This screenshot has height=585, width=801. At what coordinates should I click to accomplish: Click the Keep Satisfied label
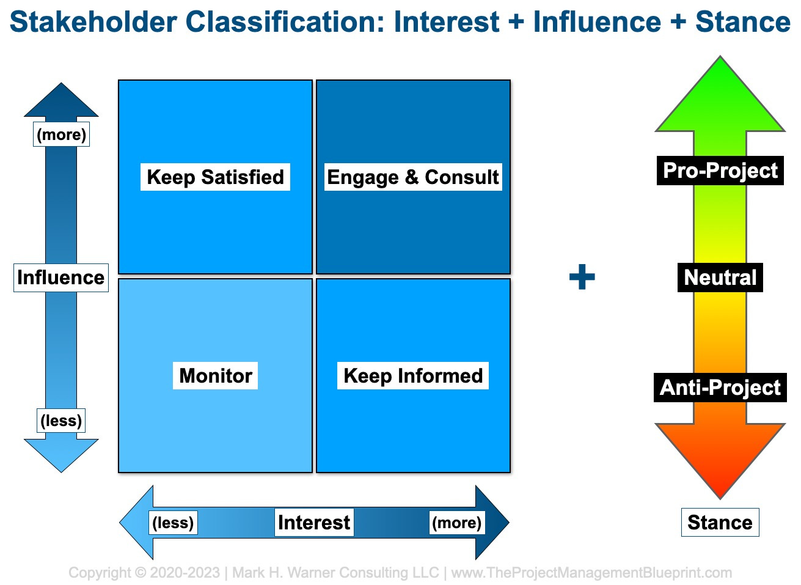[x=215, y=177]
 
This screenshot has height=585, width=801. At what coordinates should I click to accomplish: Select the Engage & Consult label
[x=413, y=177]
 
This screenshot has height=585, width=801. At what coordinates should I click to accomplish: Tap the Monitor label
[x=215, y=376]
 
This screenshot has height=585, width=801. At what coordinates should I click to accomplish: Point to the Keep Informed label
[x=413, y=376]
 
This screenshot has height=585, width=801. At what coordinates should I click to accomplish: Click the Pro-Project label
[x=720, y=171]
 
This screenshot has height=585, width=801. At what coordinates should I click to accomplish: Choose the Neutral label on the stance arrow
[x=720, y=278]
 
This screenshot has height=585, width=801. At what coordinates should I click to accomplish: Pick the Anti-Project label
[x=720, y=388]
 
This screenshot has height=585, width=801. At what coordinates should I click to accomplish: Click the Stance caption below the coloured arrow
[x=720, y=523]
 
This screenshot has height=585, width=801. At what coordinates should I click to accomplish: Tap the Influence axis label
[x=61, y=278]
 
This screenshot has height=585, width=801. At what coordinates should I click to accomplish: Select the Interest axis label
[x=314, y=523]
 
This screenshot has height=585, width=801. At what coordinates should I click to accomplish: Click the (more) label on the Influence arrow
[x=62, y=134]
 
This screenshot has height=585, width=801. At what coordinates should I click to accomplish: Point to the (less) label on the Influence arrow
[x=61, y=421]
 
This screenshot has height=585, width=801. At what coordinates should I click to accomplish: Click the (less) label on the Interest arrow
[x=173, y=523]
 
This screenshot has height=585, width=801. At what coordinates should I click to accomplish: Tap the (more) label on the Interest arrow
[x=457, y=523]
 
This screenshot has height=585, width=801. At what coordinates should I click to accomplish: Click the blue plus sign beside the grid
[x=582, y=276]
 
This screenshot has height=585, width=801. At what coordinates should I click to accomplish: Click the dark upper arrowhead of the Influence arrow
[x=61, y=102]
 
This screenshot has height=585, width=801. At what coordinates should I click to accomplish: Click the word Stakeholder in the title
[x=93, y=22]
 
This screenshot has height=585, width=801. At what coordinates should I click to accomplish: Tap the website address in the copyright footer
[x=591, y=573]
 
